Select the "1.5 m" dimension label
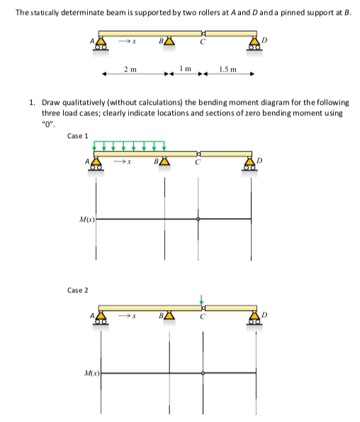point(227,68)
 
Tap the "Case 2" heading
point(77,290)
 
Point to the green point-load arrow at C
point(201,300)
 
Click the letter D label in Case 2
point(266,312)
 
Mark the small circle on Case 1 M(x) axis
point(198,219)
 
